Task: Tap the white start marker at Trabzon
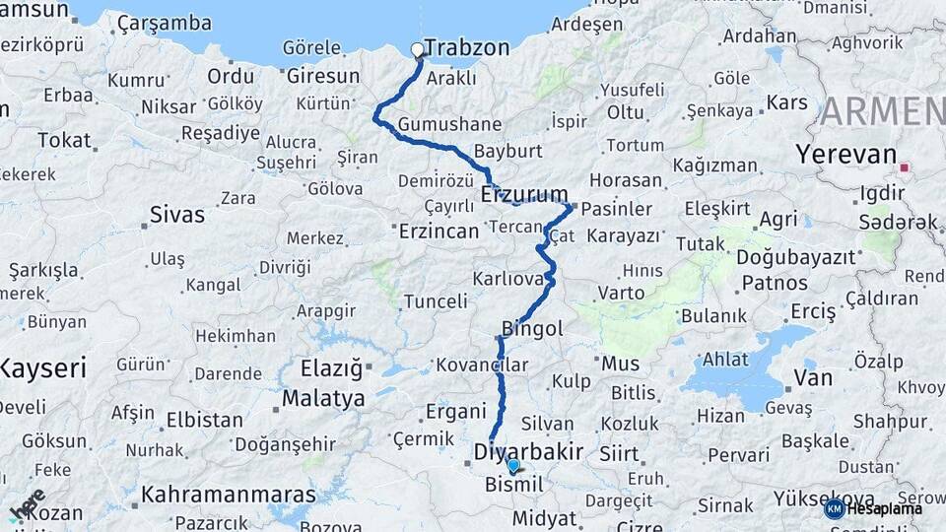coord(417,49)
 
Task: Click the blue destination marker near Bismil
coord(513,465)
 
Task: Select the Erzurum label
coord(524,195)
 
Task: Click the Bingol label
coord(532,328)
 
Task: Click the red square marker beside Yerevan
coord(904,167)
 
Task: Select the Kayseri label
coord(42,368)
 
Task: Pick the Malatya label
coord(323,399)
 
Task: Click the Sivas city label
coord(177,215)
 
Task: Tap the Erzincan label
coord(439,231)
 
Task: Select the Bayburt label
coord(508,152)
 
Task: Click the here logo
coord(28,504)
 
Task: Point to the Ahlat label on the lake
coord(726,359)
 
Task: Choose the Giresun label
coord(323,76)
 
